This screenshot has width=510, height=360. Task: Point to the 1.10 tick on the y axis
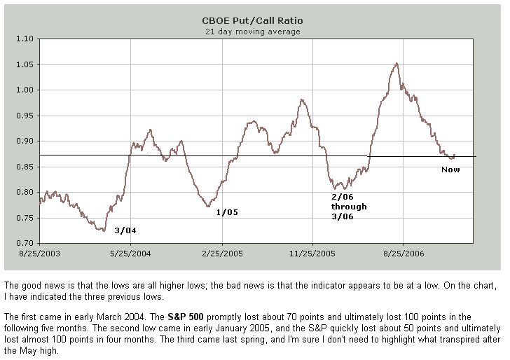[x=26, y=39]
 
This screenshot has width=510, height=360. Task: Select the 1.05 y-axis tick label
[x=26, y=64]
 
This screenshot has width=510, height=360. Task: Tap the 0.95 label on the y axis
[x=26, y=116]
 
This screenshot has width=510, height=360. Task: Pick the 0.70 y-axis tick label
[x=26, y=243]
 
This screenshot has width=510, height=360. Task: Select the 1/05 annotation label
[x=227, y=212]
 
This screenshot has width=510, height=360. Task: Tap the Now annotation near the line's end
[x=450, y=169]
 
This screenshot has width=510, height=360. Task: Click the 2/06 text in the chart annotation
[x=342, y=197]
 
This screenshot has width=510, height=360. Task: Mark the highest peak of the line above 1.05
[x=397, y=63]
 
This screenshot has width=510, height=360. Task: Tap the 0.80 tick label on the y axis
[x=26, y=192]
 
